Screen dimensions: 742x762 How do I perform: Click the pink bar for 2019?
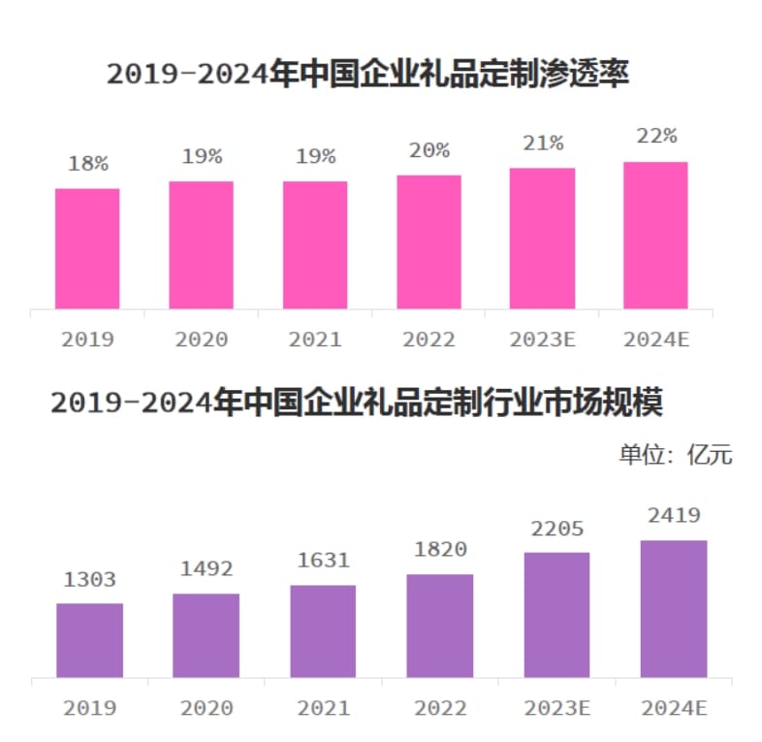(87, 248)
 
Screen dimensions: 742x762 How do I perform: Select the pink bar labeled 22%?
(655, 235)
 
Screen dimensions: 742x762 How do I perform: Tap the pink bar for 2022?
(429, 242)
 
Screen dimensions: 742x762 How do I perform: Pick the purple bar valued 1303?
(90, 640)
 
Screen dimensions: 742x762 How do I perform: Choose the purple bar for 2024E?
(674, 608)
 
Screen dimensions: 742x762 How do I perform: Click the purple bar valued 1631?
(323, 630)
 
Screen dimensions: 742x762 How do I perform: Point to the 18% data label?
(87, 164)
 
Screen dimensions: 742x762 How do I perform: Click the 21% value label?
(542, 144)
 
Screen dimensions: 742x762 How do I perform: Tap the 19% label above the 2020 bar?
(201, 156)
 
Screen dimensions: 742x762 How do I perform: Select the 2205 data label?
(556, 529)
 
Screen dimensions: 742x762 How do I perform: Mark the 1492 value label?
(206, 569)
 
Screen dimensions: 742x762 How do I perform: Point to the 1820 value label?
(440, 550)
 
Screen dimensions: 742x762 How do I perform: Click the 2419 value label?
(674, 515)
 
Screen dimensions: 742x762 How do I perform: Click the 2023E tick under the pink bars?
(542, 339)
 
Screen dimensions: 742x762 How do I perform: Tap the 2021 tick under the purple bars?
(323, 708)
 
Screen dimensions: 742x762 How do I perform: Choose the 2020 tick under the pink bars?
(201, 339)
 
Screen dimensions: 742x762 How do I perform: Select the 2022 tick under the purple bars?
(440, 708)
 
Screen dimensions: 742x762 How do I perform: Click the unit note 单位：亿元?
(676, 454)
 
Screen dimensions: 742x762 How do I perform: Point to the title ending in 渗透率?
(368, 75)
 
